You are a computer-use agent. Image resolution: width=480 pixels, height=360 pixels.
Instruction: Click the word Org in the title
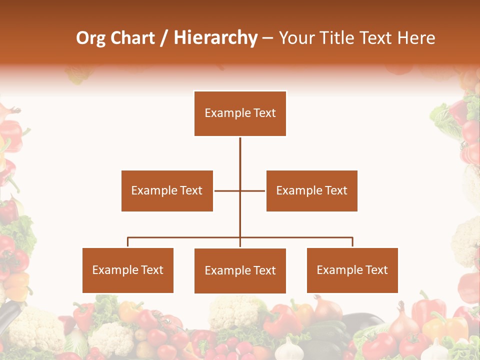[90, 38]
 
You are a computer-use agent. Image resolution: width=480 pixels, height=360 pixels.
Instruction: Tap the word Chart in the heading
[131, 38]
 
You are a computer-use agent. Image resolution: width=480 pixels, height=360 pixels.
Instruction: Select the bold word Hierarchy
[215, 38]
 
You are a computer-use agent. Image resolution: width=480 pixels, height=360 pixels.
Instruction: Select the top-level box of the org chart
[240, 113]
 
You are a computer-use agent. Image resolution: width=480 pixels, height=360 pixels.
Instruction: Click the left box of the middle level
[167, 190]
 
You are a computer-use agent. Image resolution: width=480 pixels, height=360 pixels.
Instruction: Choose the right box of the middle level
[311, 190]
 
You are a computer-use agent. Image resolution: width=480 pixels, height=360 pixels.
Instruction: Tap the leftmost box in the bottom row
[127, 270]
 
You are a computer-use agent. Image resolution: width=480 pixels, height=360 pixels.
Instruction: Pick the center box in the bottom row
[240, 270]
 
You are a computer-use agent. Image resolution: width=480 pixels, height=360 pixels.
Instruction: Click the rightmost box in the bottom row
[352, 270]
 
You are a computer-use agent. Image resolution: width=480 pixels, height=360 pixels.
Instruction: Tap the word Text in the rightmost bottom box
[376, 270]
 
